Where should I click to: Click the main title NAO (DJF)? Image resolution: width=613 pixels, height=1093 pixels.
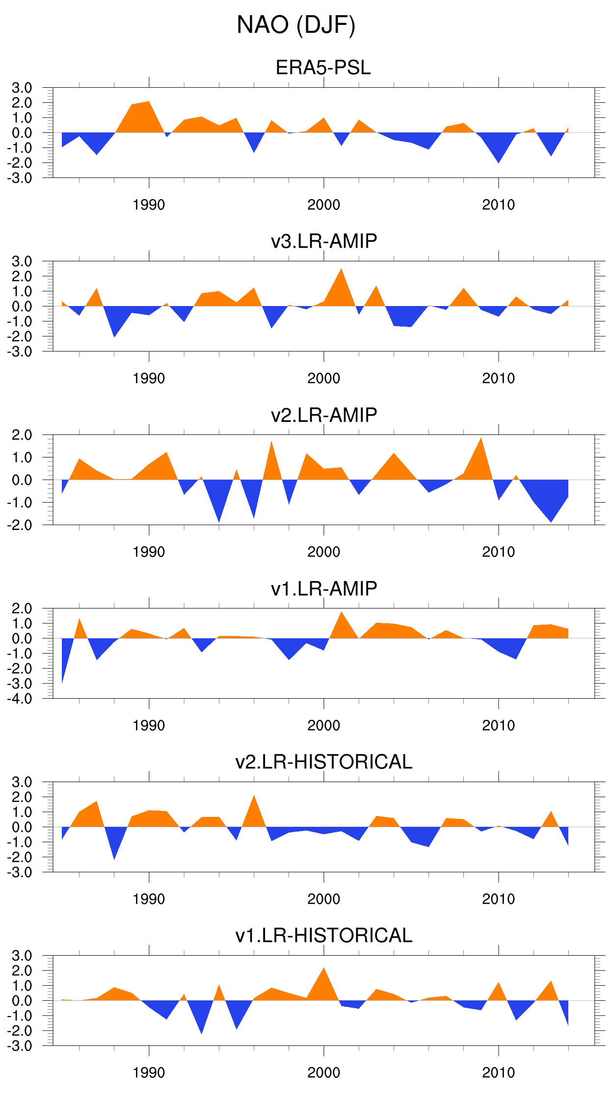pyautogui.click(x=296, y=25)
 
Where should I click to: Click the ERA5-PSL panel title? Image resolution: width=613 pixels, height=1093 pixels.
pyautogui.click(x=323, y=68)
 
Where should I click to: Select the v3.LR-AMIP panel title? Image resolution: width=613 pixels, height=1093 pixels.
pyautogui.click(x=324, y=241)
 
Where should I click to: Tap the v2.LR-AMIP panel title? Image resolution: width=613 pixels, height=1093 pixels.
pyautogui.click(x=324, y=415)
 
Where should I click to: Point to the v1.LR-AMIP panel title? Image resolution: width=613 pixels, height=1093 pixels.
pyautogui.click(x=324, y=588)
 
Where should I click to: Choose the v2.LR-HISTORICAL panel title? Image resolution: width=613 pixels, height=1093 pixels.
pyautogui.click(x=324, y=762)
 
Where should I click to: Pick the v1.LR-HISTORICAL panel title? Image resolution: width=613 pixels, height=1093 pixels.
pyautogui.click(x=324, y=936)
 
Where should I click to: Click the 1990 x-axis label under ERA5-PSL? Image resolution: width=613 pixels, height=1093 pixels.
pyautogui.click(x=149, y=205)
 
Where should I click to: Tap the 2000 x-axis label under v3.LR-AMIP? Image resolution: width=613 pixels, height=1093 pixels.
pyautogui.click(x=323, y=379)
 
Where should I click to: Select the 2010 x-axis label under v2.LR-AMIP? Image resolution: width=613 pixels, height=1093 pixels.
pyautogui.click(x=498, y=552)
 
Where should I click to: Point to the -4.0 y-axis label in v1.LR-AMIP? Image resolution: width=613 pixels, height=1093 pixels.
pyautogui.click(x=20, y=699)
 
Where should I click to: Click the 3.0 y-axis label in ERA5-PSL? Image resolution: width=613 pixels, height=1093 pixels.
pyautogui.click(x=22, y=88)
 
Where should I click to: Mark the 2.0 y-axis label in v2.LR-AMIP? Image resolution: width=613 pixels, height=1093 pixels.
pyautogui.click(x=22, y=435)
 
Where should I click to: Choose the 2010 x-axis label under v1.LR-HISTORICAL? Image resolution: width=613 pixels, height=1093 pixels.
pyautogui.click(x=498, y=1073)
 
